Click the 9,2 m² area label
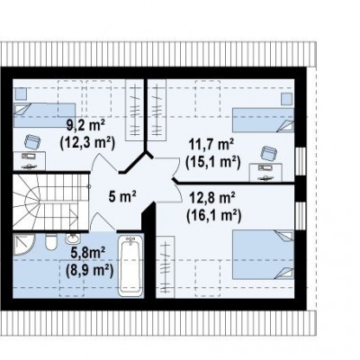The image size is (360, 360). click(x=85, y=125)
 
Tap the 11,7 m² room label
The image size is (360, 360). click(x=211, y=145)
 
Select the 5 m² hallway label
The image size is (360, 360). click(x=122, y=197)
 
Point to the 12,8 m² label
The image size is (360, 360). click(x=211, y=198)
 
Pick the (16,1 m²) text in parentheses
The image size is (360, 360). click(x=213, y=216)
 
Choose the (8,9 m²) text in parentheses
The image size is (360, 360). click(x=89, y=271)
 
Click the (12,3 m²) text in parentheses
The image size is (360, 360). click(x=87, y=143)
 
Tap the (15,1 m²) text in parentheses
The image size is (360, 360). click(x=213, y=162)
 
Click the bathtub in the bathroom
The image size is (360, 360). click(x=130, y=265)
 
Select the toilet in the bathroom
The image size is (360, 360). click(x=50, y=242)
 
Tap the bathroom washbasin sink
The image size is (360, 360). click(x=73, y=238)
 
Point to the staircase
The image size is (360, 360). click(x=51, y=202)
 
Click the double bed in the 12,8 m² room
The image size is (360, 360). click(x=263, y=255)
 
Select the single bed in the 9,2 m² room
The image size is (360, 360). click(x=44, y=115)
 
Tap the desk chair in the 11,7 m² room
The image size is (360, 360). click(x=267, y=154)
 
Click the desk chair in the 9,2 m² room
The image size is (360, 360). click(x=32, y=141)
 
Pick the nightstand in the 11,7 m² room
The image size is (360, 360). click(x=287, y=99)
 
